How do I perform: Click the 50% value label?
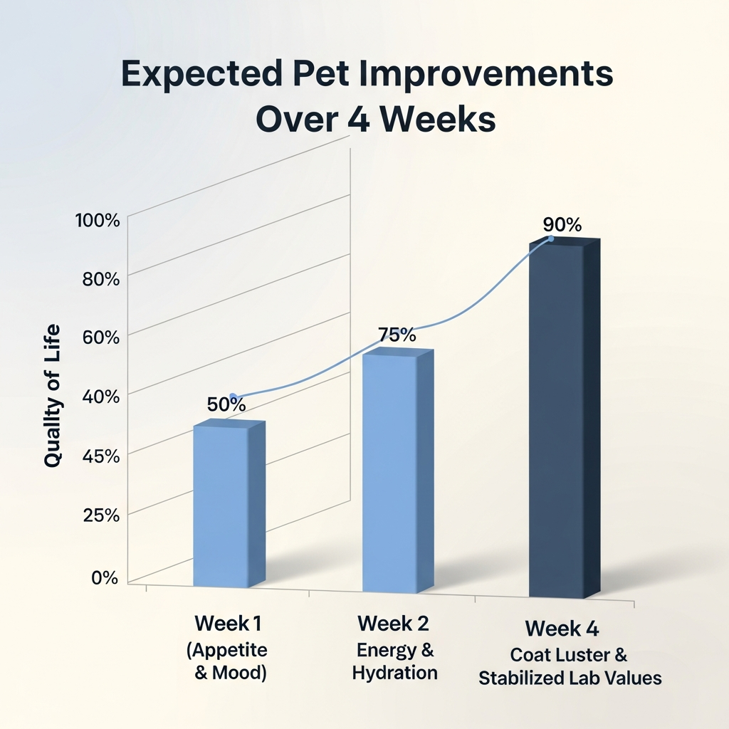pyautogui.click(x=226, y=404)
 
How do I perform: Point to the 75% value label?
pyautogui.click(x=397, y=335)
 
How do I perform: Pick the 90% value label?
pyautogui.click(x=562, y=224)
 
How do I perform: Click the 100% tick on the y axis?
pyautogui.click(x=98, y=220)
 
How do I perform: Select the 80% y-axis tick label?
pyautogui.click(x=100, y=278)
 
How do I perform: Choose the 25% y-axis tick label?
pyautogui.click(x=100, y=514)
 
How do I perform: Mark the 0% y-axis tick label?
pyautogui.click(x=104, y=577)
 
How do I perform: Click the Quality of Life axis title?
pyautogui.click(x=52, y=396)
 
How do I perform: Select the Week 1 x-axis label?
pyautogui.click(x=228, y=624)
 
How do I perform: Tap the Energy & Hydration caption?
pyautogui.click(x=395, y=661)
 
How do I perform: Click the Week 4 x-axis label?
pyautogui.click(x=562, y=629)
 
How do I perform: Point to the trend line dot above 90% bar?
pyautogui.click(x=550, y=238)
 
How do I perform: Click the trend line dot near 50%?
pyautogui.click(x=232, y=396)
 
